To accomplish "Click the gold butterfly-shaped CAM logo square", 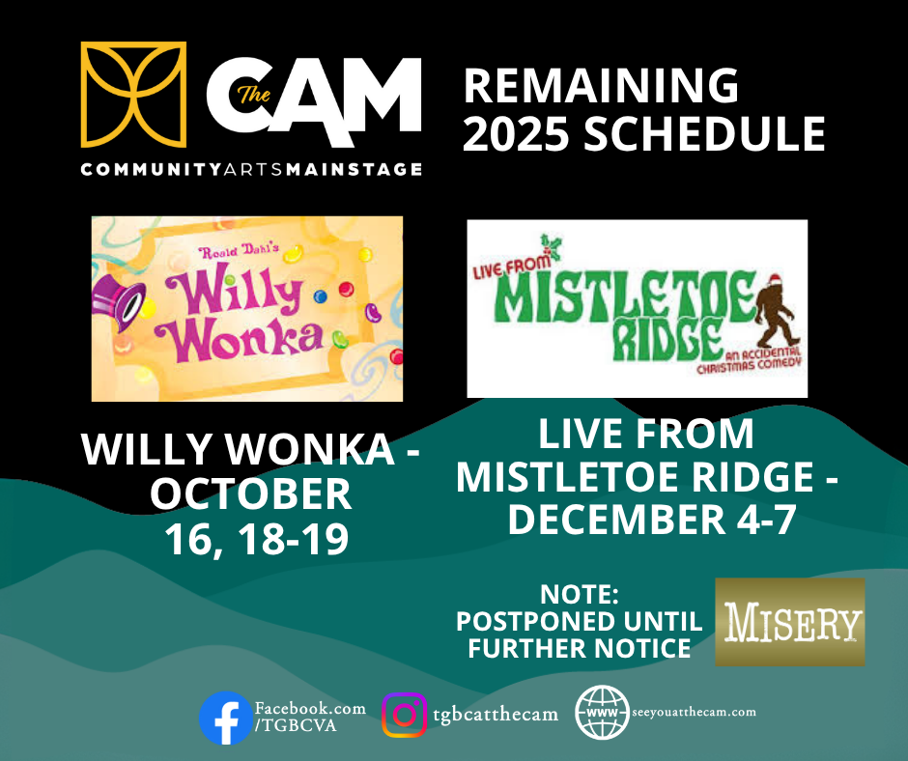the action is (133, 95).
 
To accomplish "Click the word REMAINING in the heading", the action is (601, 86).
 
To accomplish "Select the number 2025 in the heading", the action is (516, 133).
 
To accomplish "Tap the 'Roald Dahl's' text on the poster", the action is (239, 251).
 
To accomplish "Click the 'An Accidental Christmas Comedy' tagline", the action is (749, 360).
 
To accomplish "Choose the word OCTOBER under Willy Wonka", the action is (251, 494).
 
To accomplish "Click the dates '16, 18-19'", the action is (257, 539).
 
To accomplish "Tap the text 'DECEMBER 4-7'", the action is (652, 519).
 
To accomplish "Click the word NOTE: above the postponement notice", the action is (580, 594).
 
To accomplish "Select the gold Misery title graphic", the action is (790, 622).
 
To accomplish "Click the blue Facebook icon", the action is (226, 719).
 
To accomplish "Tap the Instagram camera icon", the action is (404, 716).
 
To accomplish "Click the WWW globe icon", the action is (602, 713).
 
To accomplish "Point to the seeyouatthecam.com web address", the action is (694, 713).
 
